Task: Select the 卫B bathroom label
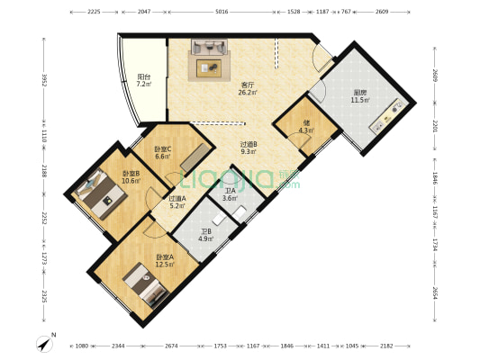[x=205, y=234]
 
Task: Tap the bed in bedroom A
[x=146, y=285]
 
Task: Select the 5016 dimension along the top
[x=222, y=13]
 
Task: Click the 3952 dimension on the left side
[x=40, y=80]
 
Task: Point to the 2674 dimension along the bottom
[x=171, y=346]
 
